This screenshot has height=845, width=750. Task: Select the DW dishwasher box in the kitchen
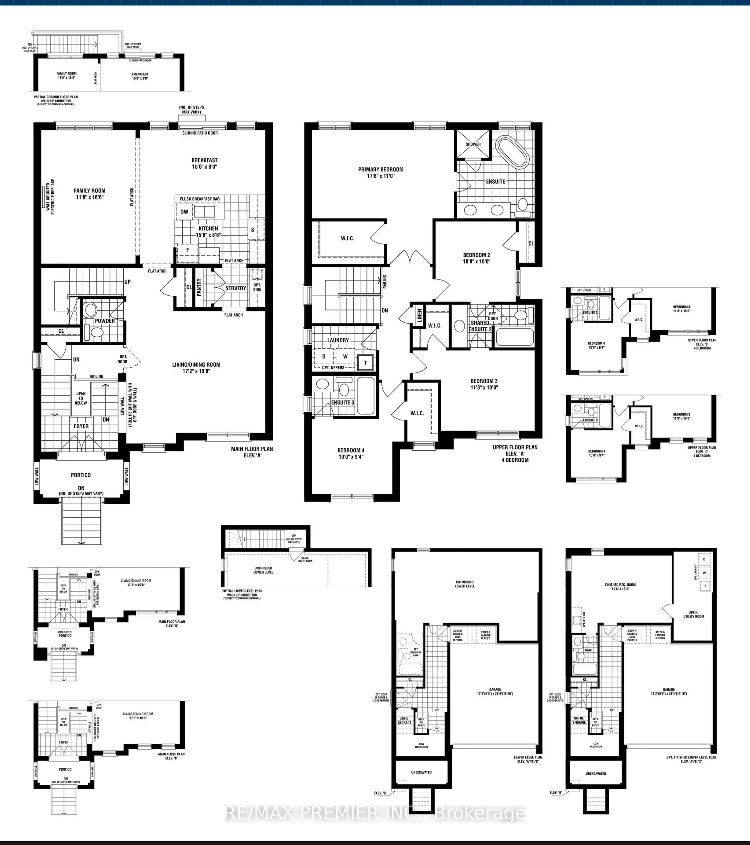(x=184, y=212)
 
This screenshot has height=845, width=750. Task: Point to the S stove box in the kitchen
(x=253, y=230)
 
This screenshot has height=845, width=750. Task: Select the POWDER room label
(x=105, y=321)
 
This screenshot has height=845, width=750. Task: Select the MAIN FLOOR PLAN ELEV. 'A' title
(x=252, y=452)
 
